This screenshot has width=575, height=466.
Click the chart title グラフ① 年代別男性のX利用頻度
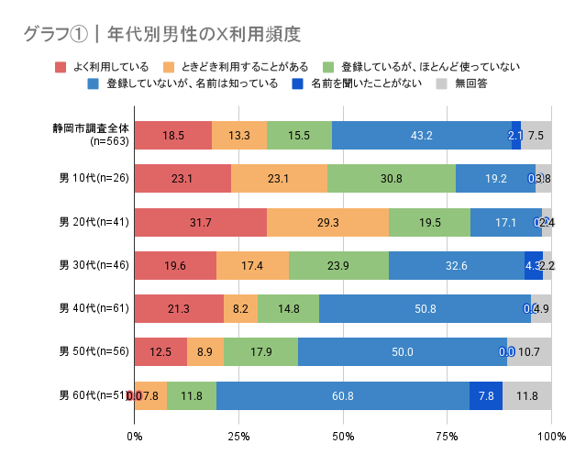click(x=162, y=34)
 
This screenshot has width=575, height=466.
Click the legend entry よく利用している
click(x=110, y=66)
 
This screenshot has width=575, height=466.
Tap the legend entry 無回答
click(x=469, y=83)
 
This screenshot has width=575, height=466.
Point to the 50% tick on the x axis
click(x=343, y=436)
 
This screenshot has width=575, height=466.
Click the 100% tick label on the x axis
click(x=551, y=436)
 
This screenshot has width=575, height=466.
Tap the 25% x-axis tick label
click(x=238, y=436)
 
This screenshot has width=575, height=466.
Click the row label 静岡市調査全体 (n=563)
click(x=91, y=135)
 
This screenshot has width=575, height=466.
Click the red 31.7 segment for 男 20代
click(x=201, y=222)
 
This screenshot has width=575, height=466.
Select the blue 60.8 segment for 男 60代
click(x=342, y=395)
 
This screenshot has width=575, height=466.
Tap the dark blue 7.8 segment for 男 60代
click(x=486, y=395)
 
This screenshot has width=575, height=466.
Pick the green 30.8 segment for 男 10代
click(x=392, y=178)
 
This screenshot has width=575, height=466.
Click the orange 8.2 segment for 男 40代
click(x=240, y=308)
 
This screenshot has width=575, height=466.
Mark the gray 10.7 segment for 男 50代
click(x=529, y=352)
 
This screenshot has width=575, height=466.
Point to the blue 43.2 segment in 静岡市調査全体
click(x=422, y=135)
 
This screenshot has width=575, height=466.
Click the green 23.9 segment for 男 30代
click(x=338, y=265)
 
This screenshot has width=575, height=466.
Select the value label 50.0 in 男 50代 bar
click(x=403, y=352)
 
